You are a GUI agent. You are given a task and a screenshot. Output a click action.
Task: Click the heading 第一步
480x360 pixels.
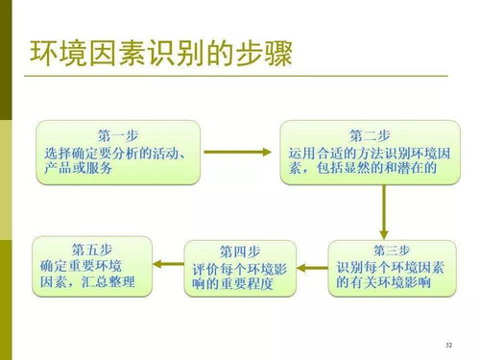[x=118, y=133]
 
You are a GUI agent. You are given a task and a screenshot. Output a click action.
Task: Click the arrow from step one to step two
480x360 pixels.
[x=239, y=152]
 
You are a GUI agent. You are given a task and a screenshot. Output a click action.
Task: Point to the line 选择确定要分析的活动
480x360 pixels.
[x=115, y=152]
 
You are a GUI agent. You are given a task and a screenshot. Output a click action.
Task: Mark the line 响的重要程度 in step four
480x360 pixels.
[x=232, y=285]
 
